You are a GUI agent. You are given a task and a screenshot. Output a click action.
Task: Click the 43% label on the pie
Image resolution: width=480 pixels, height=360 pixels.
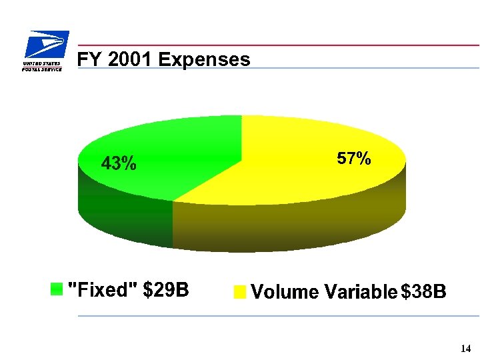119,163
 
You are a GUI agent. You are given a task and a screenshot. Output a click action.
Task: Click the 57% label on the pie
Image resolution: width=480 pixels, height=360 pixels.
353,159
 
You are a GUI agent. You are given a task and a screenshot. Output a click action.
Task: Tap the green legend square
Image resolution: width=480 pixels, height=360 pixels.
57,289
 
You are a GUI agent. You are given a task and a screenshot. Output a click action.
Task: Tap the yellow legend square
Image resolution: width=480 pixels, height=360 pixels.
240,292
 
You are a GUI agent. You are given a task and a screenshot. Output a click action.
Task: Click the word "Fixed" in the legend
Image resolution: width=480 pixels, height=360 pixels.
103,289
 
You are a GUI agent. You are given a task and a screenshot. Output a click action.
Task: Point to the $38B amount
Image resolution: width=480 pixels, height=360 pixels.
423,292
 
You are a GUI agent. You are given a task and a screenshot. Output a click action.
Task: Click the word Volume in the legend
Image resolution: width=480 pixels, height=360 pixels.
285,292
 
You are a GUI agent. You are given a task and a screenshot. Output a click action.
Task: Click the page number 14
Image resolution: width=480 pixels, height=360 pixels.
465,349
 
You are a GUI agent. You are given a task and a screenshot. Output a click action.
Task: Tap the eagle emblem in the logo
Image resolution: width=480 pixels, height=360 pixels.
47,45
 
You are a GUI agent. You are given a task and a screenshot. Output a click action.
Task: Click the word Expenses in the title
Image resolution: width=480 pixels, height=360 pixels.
205,59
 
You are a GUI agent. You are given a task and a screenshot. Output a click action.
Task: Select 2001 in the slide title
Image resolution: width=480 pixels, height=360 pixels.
130,59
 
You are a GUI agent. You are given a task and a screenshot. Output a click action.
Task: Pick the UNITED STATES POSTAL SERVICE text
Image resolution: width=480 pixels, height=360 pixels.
42,66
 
